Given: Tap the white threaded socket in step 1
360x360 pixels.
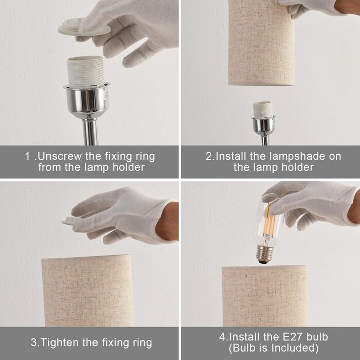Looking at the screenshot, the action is (x=85, y=71).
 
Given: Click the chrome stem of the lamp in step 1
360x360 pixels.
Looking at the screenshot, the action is (x=90, y=132).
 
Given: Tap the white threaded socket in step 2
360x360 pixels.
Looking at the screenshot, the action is (x=262, y=109).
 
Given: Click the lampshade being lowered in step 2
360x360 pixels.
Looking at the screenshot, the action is (x=261, y=43).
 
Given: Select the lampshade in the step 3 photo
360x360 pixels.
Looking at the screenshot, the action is (x=87, y=291).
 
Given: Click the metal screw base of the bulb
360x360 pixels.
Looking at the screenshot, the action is (x=265, y=254).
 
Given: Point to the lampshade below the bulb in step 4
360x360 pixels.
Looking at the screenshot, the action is (x=265, y=296).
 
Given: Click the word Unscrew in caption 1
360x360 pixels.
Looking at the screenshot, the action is (x=60, y=156).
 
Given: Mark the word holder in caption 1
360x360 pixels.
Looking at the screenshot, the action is (x=129, y=167).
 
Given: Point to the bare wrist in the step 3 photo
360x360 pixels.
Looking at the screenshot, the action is (x=168, y=222).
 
